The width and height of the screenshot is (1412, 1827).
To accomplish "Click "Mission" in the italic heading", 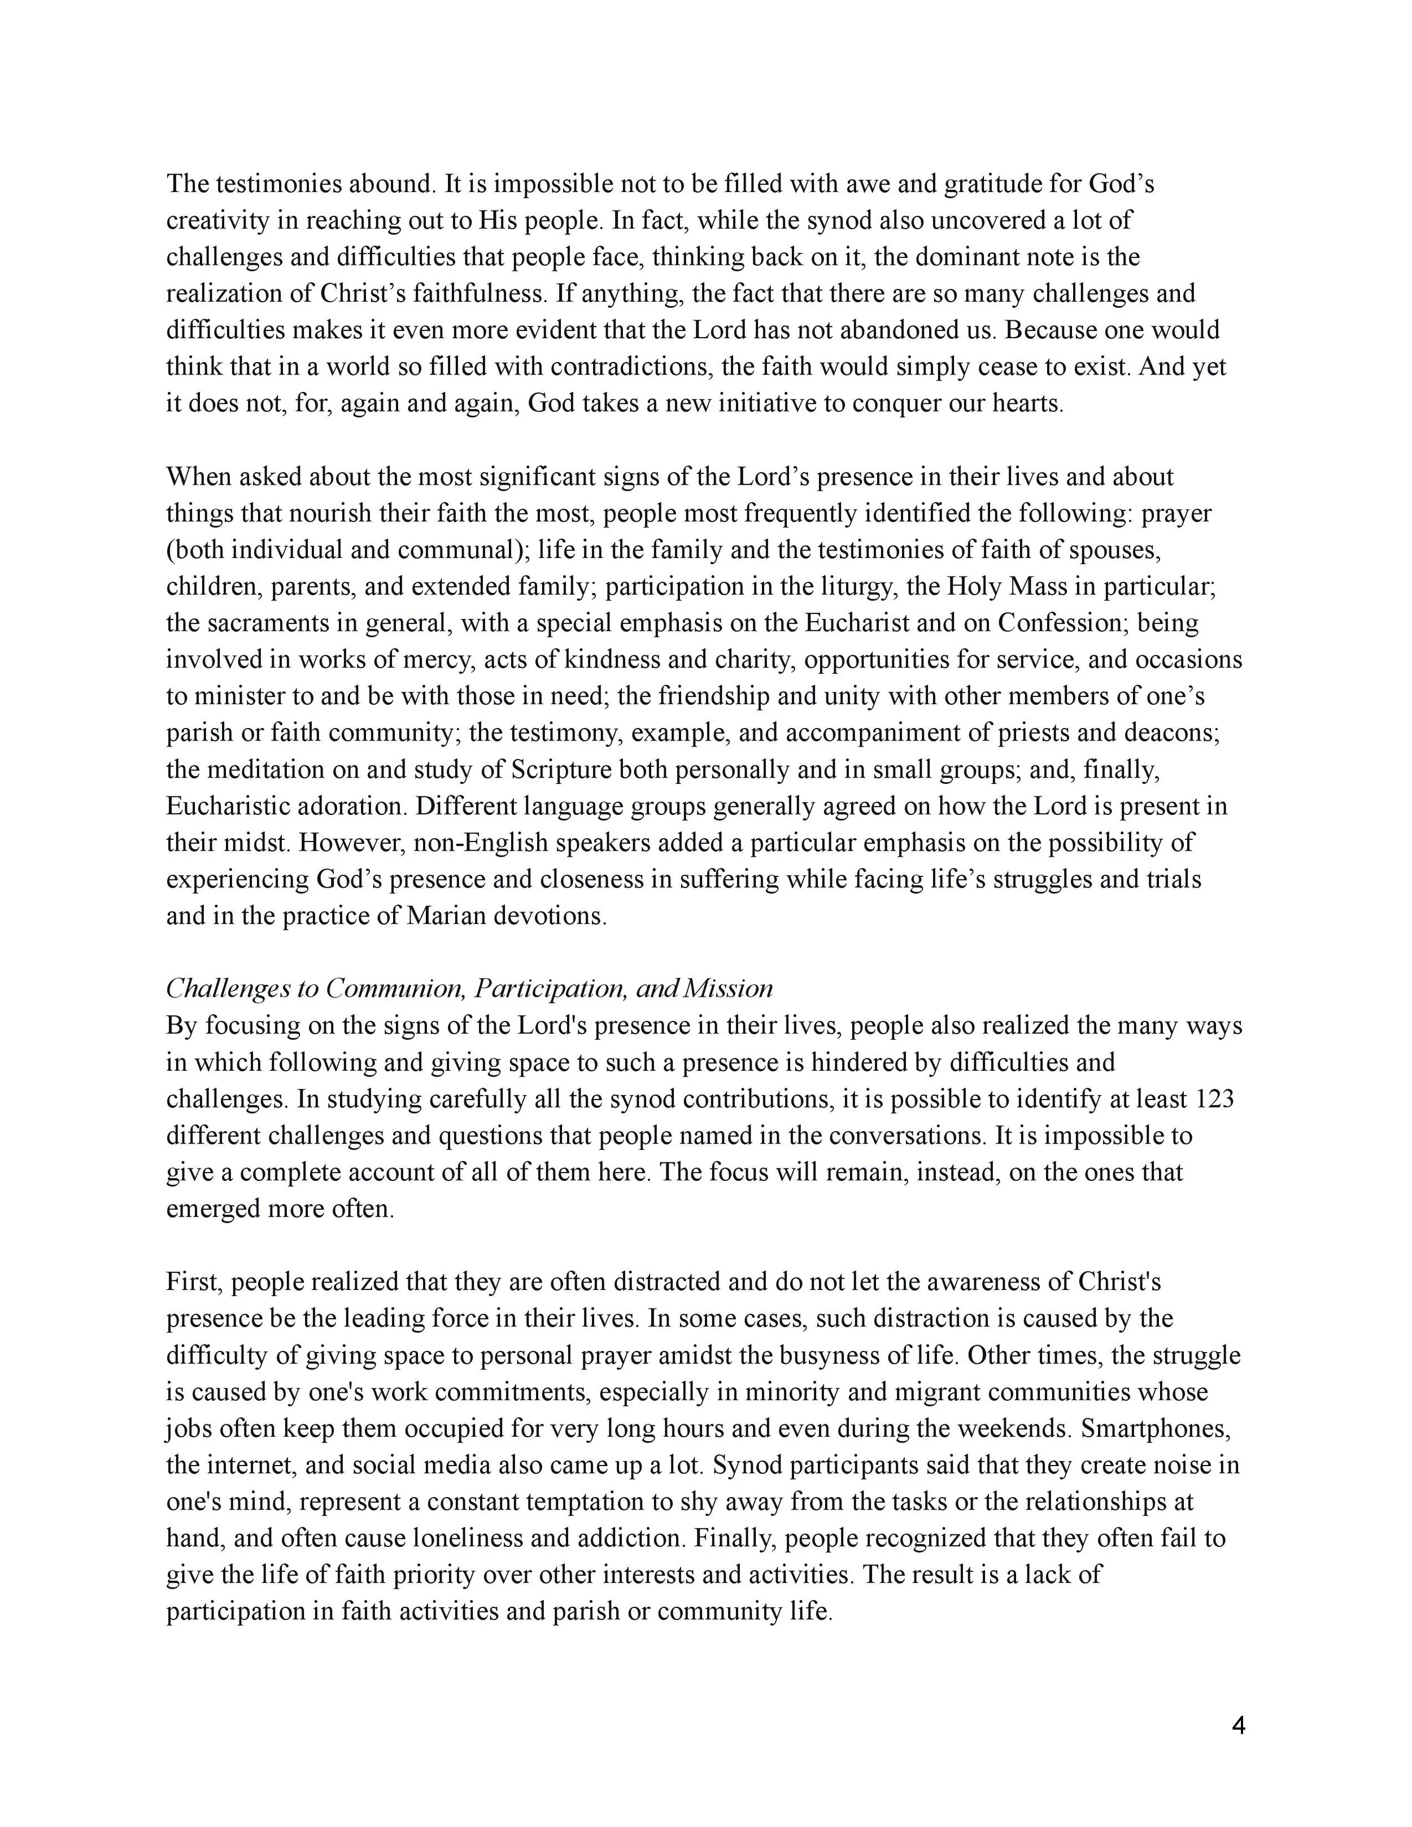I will pos(728,989).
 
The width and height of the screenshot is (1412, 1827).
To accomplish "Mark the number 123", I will pos(1215,1098).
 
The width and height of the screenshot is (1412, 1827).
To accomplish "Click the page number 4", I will pos(1239,1726).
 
